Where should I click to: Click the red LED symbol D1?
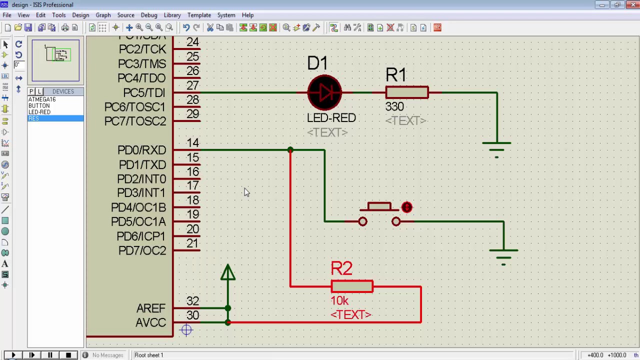324,92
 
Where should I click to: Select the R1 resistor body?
406,92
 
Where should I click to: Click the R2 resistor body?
351,286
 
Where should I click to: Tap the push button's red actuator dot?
406,207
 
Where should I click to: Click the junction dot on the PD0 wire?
290,150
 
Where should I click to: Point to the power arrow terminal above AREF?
228,273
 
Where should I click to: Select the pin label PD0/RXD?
141,150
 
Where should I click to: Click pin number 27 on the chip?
192,85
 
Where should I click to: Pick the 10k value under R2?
339,300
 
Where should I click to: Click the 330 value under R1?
394,106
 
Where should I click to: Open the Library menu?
172,15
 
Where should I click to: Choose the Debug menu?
149,15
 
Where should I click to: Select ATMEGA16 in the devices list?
42,99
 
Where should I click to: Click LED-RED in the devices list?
39,112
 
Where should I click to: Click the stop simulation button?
68,355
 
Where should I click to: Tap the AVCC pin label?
150,323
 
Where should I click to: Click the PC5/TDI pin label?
144,93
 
